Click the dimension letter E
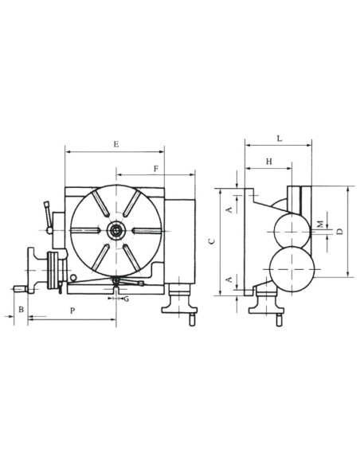(116, 144)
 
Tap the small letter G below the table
(126, 299)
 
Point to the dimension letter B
(22, 308)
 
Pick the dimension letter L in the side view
(279, 139)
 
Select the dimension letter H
(268, 162)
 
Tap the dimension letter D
(339, 231)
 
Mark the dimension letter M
(319, 223)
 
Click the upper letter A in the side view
(229, 209)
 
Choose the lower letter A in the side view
(229, 279)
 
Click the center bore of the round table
(116, 231)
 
